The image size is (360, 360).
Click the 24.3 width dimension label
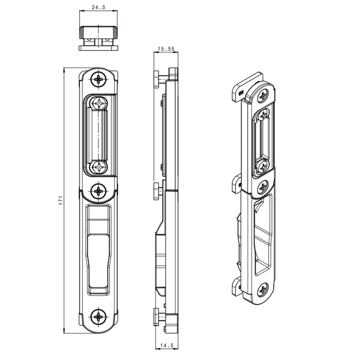[x=98, y=8]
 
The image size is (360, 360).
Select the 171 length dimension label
[x=61, y=200]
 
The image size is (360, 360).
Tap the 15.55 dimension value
[x=166, y=49]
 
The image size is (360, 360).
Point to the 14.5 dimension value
[x=167, y=345]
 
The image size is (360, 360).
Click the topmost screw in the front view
[x=99, y=80]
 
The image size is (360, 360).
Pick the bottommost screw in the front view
[x=99, y=317]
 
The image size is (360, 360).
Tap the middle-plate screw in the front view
[x=99, y=191]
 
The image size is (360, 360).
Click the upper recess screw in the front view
[x=99, y=103]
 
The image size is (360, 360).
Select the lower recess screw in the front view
[x=99, y=167]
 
